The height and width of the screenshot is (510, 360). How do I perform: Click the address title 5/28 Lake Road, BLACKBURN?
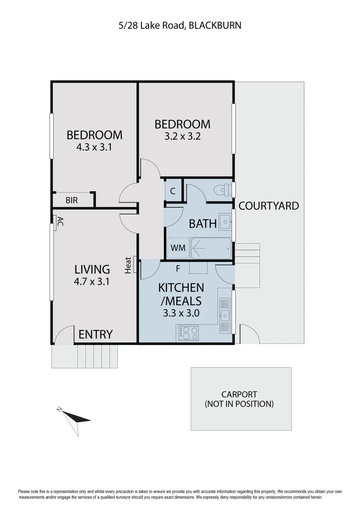(180, 25)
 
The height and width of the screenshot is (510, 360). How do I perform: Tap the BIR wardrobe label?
(71, 200)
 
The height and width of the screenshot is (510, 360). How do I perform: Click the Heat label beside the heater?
(128, 265)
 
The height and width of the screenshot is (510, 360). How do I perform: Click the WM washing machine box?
(178, 247)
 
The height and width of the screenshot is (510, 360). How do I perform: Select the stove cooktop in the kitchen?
(188, 333)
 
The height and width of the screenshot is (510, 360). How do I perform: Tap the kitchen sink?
(225, 315)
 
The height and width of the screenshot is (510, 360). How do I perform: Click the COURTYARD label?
(268, 206)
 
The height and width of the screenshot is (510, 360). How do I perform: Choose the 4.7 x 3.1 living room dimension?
(92, 282)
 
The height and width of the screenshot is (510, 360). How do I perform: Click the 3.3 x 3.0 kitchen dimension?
(181, 312)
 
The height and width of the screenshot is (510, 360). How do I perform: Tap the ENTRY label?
(95, 334)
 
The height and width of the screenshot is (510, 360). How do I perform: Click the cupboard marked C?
(173, 191)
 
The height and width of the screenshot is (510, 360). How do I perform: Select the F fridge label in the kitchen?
(178, 268)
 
